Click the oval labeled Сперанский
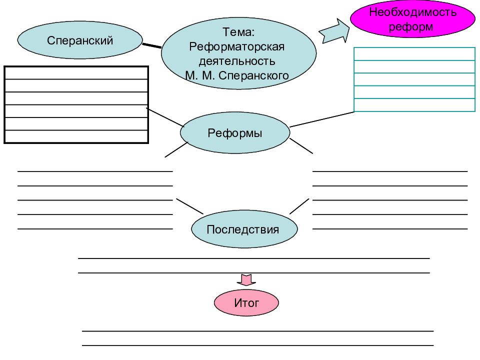pyautogui.click(x=80, y=40)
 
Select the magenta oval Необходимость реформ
pyautogui.click(x=412, y=18)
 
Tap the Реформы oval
pyautogui.click(x=235, y=132)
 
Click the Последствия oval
pyautogui.click(x=244, y=229)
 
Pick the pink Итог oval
pyautogui.click(x=246, y=302)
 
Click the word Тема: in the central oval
pyautogui.click(x=238, y=32)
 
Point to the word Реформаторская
pyautogui.click(x=236, y=46)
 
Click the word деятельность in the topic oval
pyautogui.click(x=237, y=61)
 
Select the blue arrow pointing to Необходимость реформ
pyautogui.click(x=334, y=31)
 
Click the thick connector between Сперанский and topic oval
pyautogui.click(x=152, y=45)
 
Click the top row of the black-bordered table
pyautogui.click(x=76, y=73)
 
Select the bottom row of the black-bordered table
pyautogui.click(x=76, y=136)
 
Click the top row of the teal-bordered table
pyautogui.click(x=414, y=54)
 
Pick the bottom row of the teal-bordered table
pyautogui.click(x=414, y=105)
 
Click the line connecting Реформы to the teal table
pyautogui.click(x=322, y=119)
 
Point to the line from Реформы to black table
pyautogui.click(x=165, y=117)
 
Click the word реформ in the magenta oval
pyautogui.click(x=411, y=27)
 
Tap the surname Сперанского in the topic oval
pyautogui.click(x=254, y=75)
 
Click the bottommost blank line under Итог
pyautogui.click(x=258, y=345)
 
